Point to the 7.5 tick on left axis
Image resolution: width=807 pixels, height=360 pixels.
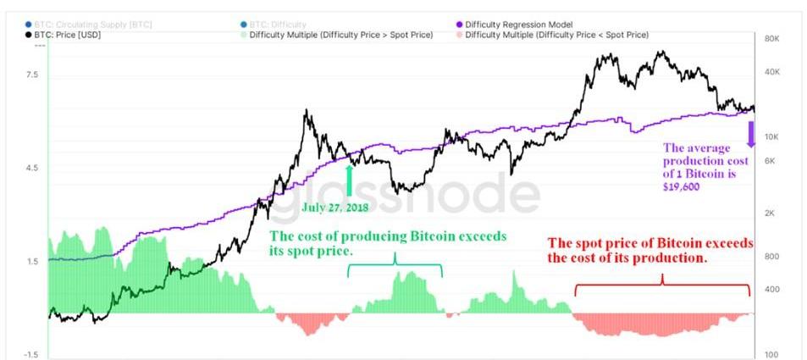click(32, 75)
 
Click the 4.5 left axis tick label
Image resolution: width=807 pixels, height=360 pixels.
click(32, 168)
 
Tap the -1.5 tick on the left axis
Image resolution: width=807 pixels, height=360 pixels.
click(30, 354)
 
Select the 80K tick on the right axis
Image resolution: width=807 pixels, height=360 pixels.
click(771, 40)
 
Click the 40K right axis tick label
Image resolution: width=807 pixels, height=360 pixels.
click(771, 73)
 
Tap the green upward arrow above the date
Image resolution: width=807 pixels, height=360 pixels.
click(350, 180)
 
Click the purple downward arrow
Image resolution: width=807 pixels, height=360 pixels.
click(749, 134)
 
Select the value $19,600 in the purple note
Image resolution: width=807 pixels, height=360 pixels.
click(682, 186)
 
